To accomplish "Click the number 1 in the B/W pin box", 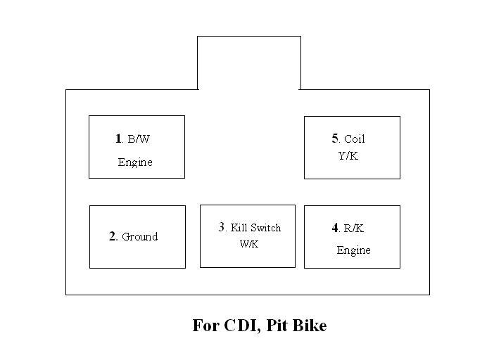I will [118, 139].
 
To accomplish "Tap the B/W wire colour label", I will [139, 139].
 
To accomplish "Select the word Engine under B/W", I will [135, 162].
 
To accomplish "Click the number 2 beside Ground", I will [113, 236].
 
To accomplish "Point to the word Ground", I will [139, 237].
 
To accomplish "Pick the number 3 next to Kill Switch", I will [222, 227].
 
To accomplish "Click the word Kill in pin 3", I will [238, 228].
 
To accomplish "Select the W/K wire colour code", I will [249, 244].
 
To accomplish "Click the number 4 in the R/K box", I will [335, 228].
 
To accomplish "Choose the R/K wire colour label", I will [353, 229].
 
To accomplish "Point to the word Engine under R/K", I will [353, 250].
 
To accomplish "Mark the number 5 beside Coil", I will [336, 139].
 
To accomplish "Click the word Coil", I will [354, 139].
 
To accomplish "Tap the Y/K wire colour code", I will [348, 155].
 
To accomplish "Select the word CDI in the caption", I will [239, 326].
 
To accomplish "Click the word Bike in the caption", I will [310, 326].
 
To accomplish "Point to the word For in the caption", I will [205, 326].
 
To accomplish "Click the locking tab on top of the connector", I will [249, 63].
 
